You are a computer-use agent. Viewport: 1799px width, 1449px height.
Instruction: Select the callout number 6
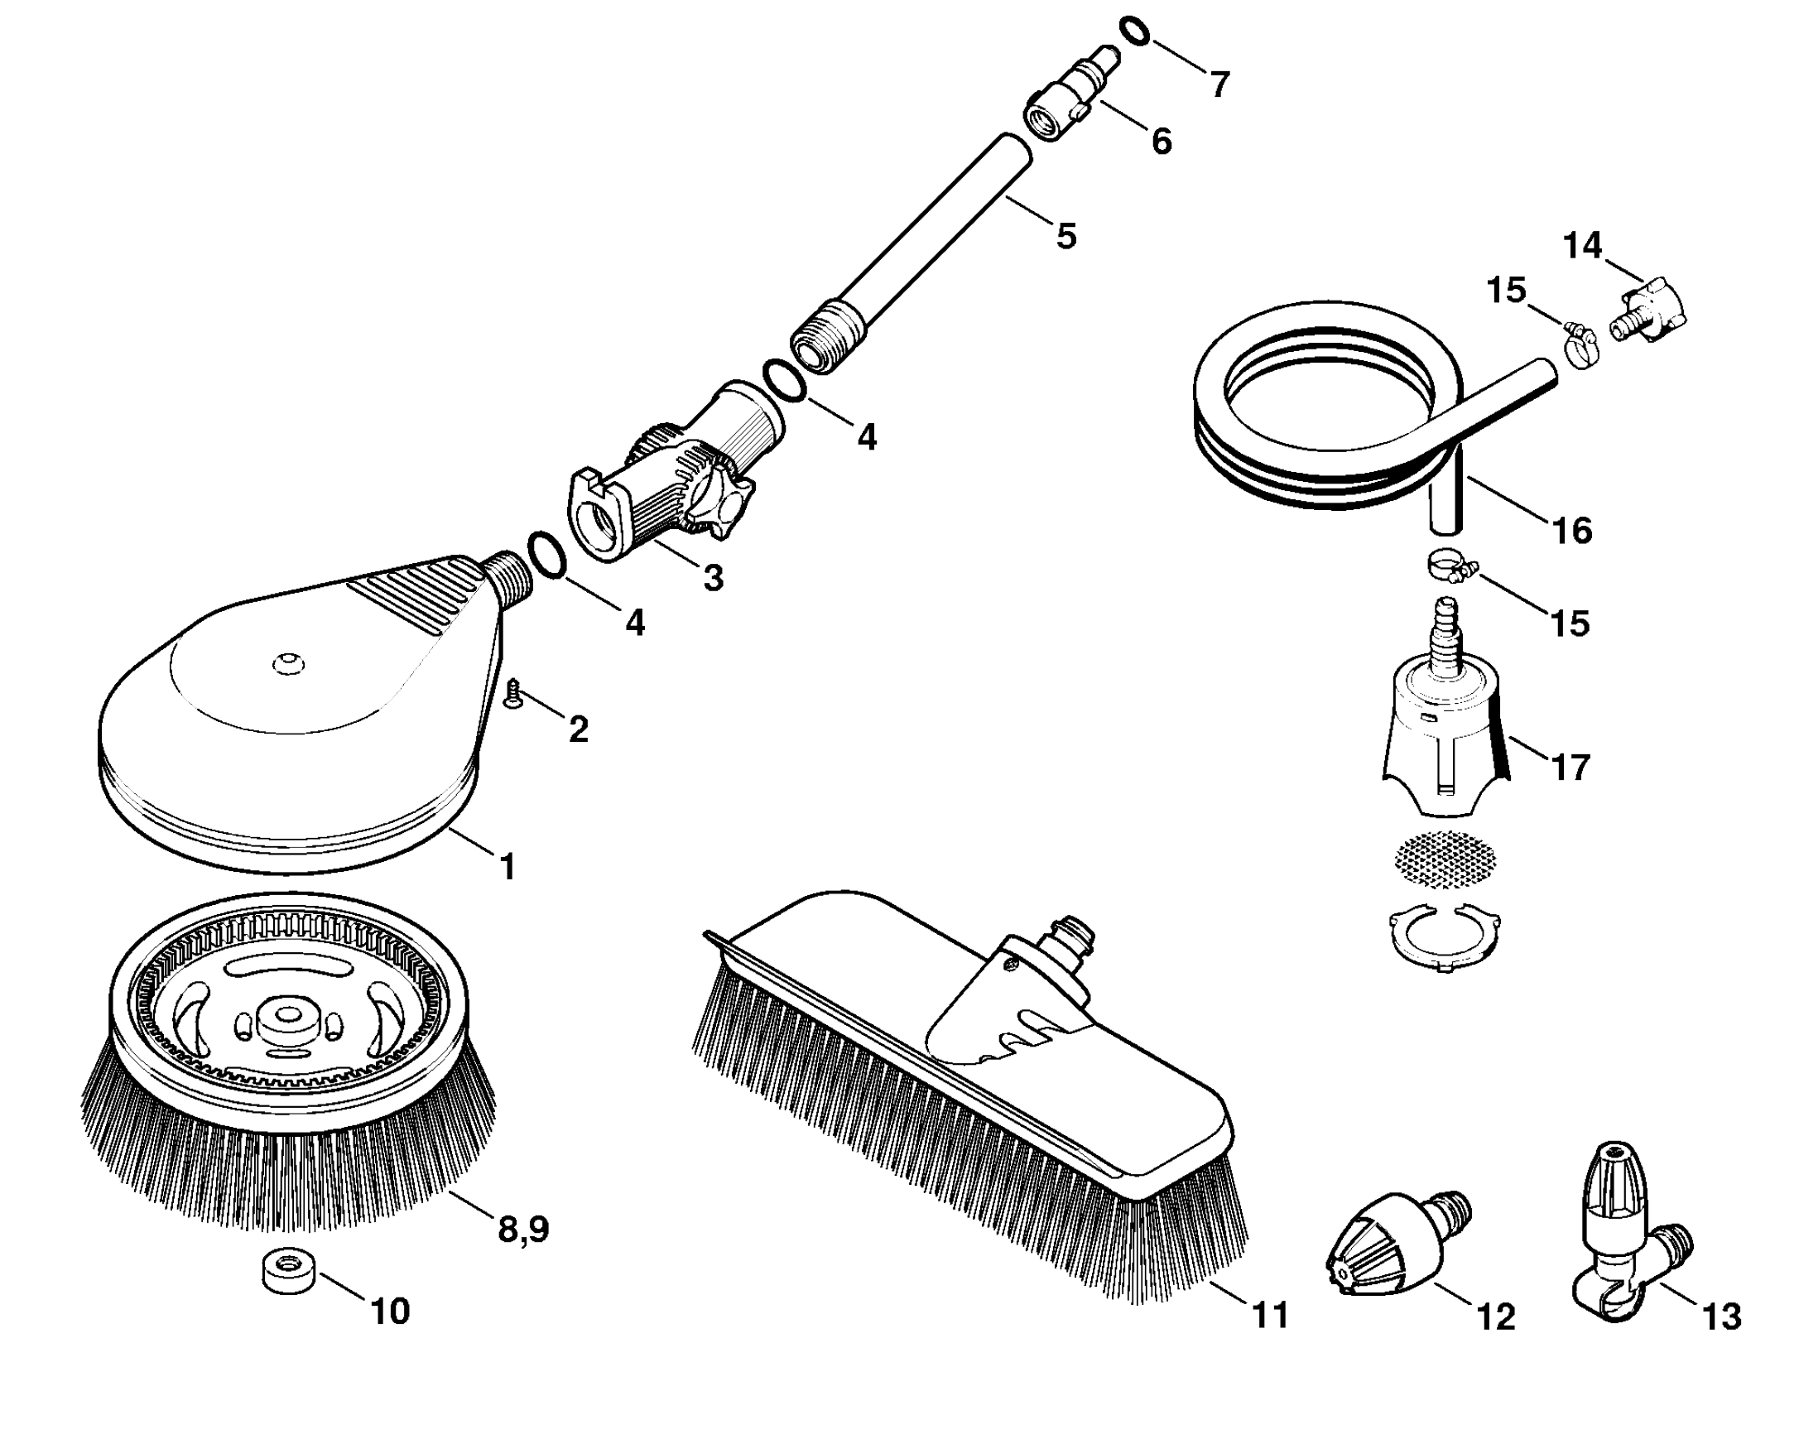coord(1162,142)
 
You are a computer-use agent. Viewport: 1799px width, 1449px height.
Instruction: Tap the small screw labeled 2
coord(513,693)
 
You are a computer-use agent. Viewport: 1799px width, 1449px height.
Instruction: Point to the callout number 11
coord(1270,1317)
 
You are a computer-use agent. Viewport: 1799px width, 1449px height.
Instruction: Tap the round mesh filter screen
coord(1445,859)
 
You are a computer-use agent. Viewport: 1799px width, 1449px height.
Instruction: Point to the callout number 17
coord(1571,767)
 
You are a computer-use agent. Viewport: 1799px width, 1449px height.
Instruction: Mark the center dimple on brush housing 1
coord(289,664)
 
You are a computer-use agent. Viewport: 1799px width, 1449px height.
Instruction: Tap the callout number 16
coord(1572,531)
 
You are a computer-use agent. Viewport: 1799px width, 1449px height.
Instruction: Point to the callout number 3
coord(713,578)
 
